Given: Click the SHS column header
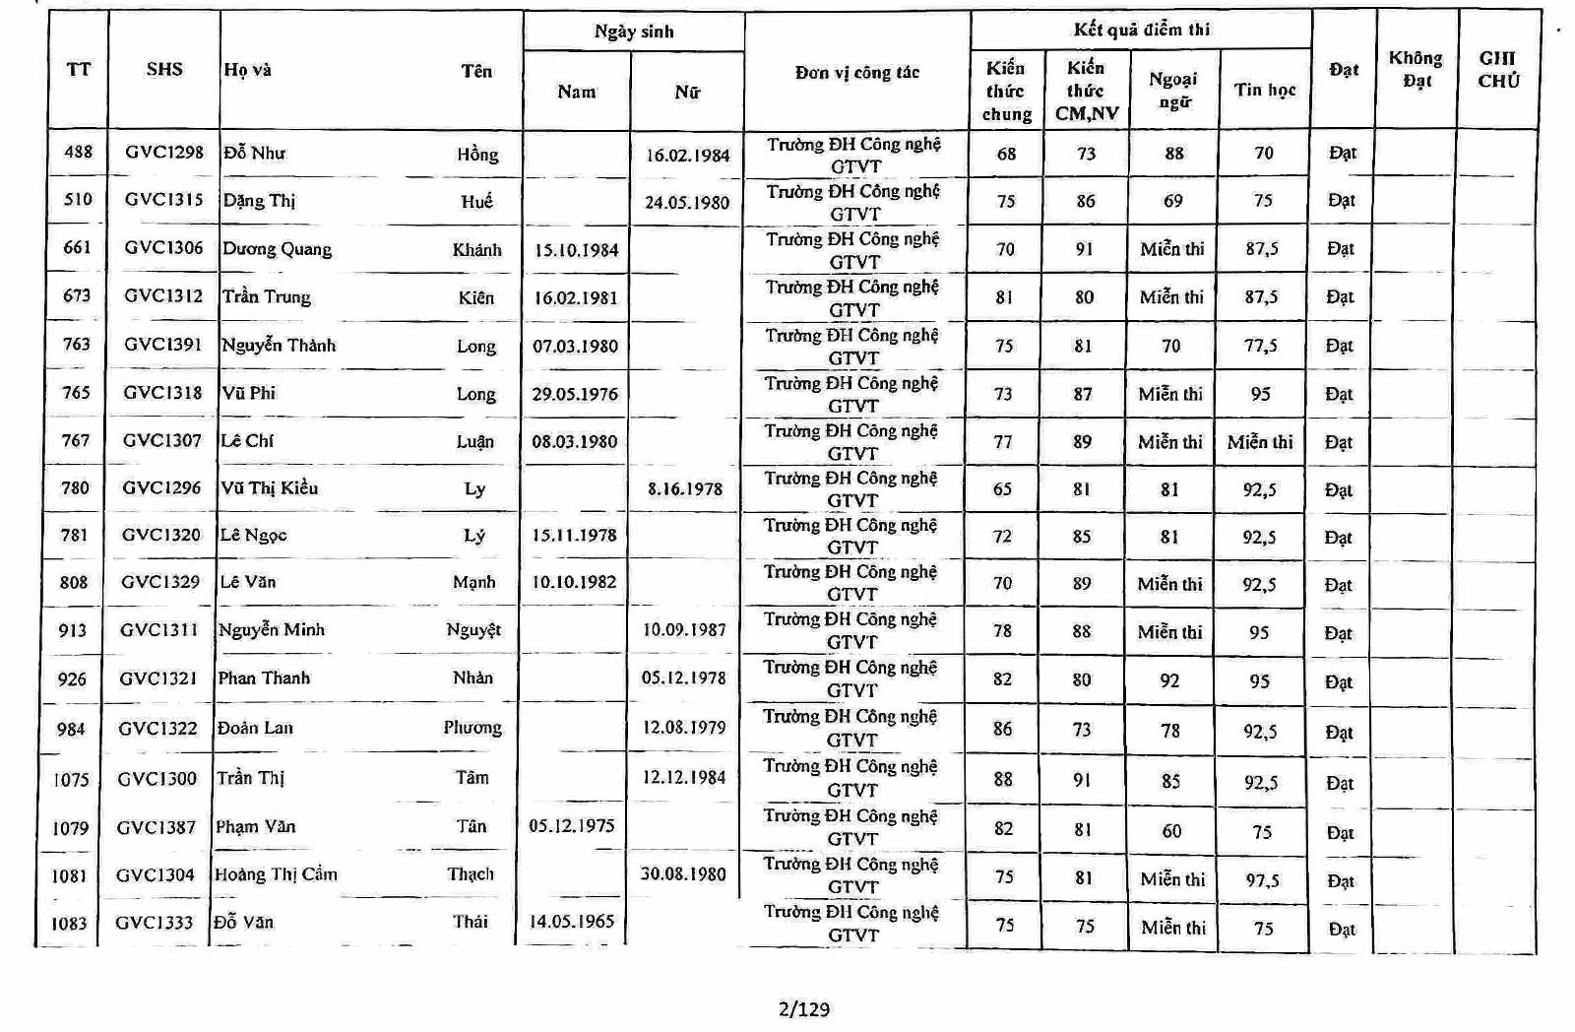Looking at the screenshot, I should point(164,69).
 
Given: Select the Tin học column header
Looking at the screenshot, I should point(1265,90).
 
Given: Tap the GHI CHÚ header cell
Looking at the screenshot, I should point(1498,69).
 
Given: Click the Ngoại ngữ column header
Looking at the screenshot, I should point(1173,90).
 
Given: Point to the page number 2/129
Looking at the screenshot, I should point(804,1008).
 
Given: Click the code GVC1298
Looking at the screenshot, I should point(164,153).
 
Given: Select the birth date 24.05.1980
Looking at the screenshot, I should point(687,203).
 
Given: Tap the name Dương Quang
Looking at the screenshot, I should point(278,249).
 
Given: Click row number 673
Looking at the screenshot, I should point(77,295).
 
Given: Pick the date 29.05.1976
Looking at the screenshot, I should point(575,394).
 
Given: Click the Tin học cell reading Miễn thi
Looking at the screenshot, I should point(1260,442).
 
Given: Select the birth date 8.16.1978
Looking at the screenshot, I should point(685,488).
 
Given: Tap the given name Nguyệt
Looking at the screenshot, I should point(473,630).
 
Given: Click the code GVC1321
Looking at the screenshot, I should point(158,678).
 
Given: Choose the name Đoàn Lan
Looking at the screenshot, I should point(255,728).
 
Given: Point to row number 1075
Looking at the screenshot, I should point(71,780).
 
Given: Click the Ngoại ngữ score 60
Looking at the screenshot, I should point(1171,831).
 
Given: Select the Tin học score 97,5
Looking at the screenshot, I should point(1262,880).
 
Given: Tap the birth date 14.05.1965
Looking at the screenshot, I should point(572,922).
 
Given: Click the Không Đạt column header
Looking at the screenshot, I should point(1416,69).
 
